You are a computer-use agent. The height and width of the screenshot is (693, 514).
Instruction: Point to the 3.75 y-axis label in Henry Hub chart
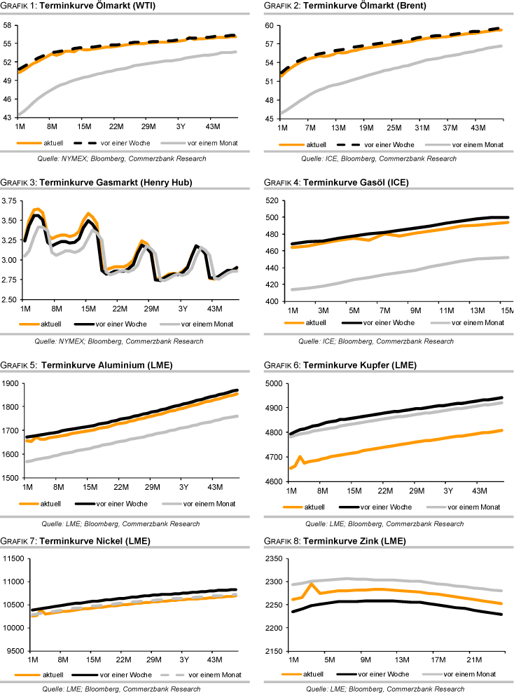(10, 200)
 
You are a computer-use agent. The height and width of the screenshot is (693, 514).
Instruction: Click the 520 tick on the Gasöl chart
(270, 200)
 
